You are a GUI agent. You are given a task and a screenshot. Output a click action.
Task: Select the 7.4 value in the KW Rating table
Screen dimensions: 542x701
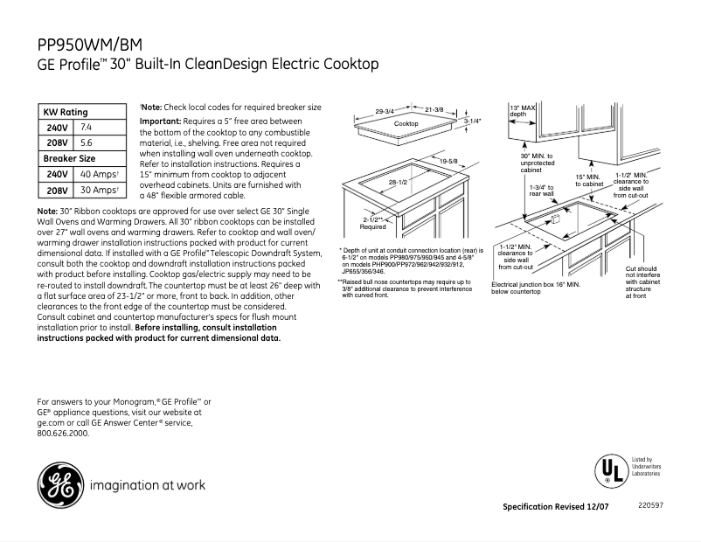87,128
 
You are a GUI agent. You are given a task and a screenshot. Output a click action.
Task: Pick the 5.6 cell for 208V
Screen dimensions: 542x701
87,142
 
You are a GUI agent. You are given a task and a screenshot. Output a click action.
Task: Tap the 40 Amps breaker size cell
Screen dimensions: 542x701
98,175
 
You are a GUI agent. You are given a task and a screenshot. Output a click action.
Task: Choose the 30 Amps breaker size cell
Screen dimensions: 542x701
98,191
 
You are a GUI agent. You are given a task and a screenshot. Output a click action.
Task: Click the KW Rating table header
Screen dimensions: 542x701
66,112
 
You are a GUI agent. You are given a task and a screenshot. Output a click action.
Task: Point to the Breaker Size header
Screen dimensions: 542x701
70,158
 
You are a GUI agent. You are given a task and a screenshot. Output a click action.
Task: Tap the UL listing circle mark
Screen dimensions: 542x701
607,471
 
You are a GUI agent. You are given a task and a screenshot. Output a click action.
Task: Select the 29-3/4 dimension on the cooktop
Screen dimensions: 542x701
385,111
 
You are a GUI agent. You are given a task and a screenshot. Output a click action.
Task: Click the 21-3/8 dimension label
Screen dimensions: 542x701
434,109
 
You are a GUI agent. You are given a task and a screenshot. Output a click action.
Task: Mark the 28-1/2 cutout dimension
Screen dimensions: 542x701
399,182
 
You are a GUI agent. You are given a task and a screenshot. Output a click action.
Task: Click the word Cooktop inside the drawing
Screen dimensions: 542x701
406,124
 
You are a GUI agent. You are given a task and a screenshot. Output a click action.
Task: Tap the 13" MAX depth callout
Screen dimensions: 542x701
523,111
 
